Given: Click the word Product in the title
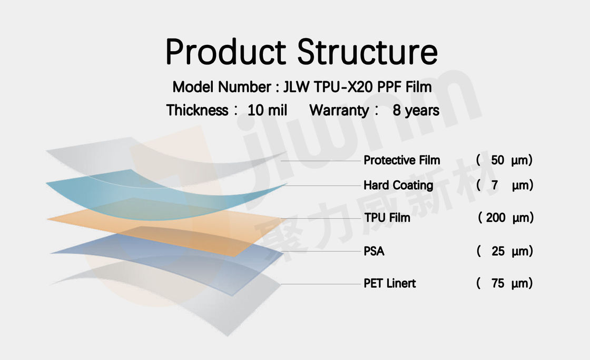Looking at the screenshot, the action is click(226, 52).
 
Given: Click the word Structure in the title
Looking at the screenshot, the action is click(368, 52).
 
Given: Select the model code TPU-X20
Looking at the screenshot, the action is click(343, 87).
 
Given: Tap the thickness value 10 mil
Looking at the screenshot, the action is click(267, 110).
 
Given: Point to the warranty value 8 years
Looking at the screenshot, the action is click(416, 110).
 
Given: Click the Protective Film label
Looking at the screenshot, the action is click(402, 160).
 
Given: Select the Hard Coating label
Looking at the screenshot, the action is click(398, 186).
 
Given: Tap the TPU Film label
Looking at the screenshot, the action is click(387, 218).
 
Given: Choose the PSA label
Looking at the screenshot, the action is click(374, 251).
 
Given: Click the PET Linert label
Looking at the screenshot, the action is click(390, 283).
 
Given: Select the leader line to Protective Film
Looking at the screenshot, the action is click(321, 161).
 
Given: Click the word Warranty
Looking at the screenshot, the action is click(339, 111).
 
